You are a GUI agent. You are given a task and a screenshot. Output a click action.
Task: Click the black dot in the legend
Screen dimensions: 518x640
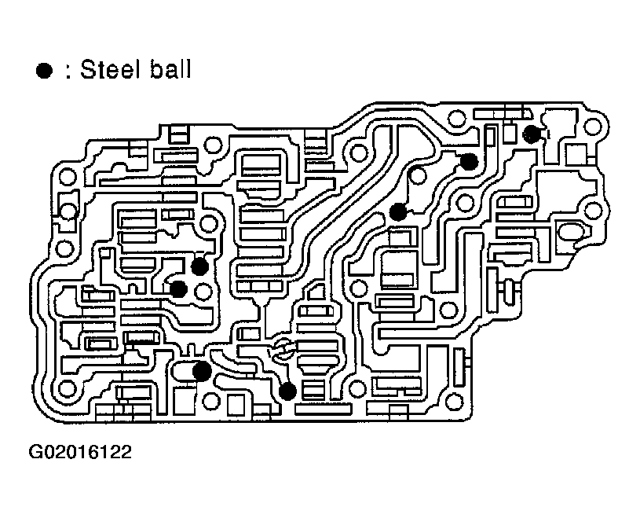[x=44, y=72]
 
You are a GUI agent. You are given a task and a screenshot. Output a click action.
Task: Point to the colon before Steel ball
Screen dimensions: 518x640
[x=68, y=72]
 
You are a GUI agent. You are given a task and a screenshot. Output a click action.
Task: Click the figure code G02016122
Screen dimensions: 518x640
[x=80, y=453]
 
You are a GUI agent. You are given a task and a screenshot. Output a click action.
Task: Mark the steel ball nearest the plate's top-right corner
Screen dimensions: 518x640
[x=532, y=134]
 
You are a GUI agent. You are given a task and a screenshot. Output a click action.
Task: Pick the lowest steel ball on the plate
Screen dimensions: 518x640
[x=288, y=389]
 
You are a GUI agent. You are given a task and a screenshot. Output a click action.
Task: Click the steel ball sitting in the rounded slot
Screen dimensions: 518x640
[x=202, y=370]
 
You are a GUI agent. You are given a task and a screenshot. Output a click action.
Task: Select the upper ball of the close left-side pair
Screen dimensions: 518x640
[x=200, y=266]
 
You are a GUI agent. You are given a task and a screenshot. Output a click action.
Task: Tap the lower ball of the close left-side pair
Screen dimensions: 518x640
[x=178, y=288]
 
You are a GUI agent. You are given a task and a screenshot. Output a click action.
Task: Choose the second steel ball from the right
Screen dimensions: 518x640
[x=469, y=162]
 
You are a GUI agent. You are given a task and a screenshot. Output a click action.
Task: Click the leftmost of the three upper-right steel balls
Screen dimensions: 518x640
[x=398, y=211]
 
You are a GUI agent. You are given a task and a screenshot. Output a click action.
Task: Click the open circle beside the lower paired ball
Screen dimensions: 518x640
[x=204, y=294]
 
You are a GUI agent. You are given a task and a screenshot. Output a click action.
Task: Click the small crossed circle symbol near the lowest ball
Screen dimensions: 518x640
[x=283, y=351]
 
